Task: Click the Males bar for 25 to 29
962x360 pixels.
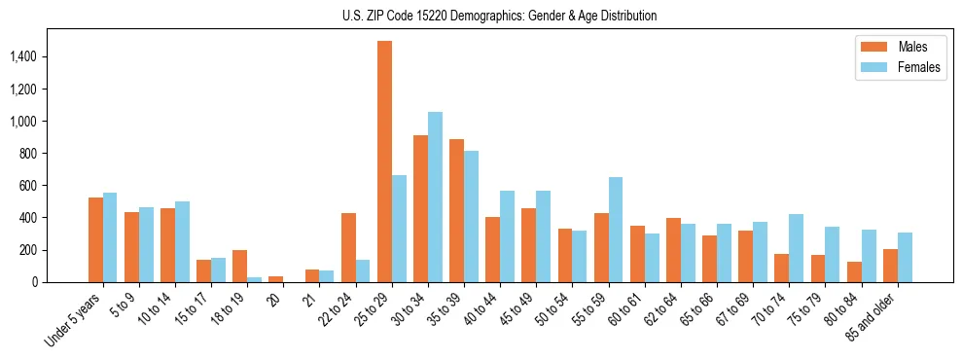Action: [384, 162]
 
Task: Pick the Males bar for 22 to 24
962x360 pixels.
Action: [348, 247]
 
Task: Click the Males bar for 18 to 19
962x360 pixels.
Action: [240, 266]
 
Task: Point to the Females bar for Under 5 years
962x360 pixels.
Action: [110, 237]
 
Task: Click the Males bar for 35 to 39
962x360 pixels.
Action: [456, 210]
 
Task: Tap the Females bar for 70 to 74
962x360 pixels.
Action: [797, 248]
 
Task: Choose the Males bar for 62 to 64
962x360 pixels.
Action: [673, 250]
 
